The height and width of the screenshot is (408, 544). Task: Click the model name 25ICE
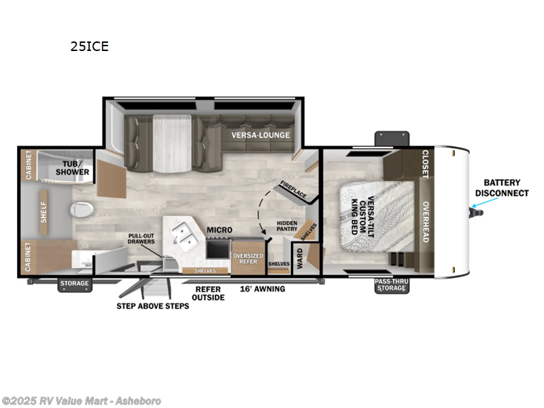click(x=90, y=47)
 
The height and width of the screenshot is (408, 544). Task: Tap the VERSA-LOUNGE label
click(x=260, y=135)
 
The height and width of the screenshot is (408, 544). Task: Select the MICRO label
click(x=220, y=230)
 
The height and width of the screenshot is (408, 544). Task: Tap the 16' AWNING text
click(x=262, y=289)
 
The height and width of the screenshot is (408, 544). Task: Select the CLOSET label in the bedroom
click(x=426, y=165)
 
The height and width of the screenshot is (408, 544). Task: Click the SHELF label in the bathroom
click(x=43, y=212)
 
